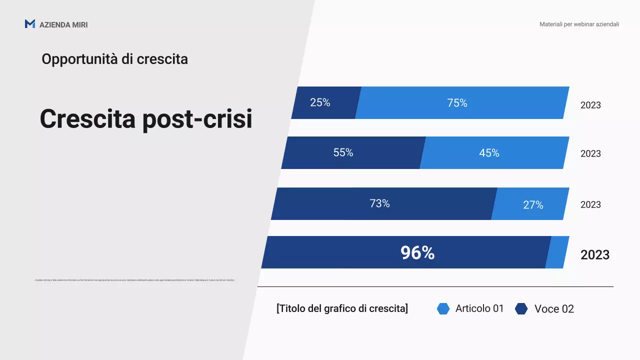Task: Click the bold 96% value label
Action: [x=417, y=253]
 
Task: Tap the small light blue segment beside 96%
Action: [x=557, y=252]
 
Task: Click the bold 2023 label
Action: [x=595, y=255]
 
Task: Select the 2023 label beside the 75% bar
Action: [x=590, y=105]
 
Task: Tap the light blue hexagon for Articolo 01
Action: [x=443, y=308]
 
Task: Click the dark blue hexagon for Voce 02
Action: [x=521, y=309]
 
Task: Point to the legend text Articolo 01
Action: [x=479, y=308]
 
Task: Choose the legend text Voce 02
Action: [x=554, y=309]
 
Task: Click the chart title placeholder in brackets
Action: [x=342, y=308]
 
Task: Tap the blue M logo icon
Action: [x=30, y=24]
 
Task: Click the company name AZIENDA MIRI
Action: [x=63, y=24]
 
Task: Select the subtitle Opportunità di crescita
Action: [x=114, y=59]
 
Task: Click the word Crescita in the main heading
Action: [x=87, y=119]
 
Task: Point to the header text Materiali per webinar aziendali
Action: [x=579, y=24]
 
